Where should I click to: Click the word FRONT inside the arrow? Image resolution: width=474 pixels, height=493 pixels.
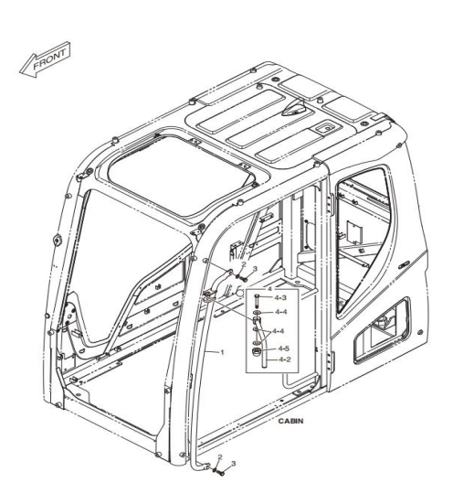coord(49,59)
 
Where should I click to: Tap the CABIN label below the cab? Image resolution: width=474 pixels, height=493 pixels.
coord(290,421)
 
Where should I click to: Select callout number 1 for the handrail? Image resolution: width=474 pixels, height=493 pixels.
coord(222,352)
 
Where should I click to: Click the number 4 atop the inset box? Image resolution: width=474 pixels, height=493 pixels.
coord(269,289)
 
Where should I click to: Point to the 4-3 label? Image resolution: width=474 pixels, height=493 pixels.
coord(280,297)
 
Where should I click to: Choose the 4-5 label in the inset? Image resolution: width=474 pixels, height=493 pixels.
coord(284,348)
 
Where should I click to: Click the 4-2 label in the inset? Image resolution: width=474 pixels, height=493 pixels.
coord(285,359)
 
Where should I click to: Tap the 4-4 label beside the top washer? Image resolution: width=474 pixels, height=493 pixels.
coord(281,312)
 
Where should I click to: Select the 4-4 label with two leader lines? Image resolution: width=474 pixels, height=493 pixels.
coord(279,331)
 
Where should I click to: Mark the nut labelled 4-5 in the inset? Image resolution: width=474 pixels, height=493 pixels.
coord(257,352)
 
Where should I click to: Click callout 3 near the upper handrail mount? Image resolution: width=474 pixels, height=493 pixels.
coord(255,269)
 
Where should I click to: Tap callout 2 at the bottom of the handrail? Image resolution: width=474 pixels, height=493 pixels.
coord(220,456)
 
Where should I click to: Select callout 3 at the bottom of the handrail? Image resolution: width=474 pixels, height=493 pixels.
coord(233,464)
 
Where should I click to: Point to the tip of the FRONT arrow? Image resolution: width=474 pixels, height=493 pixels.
coord(19,72)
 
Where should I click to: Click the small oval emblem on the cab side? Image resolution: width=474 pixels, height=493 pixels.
coord(404,264)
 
